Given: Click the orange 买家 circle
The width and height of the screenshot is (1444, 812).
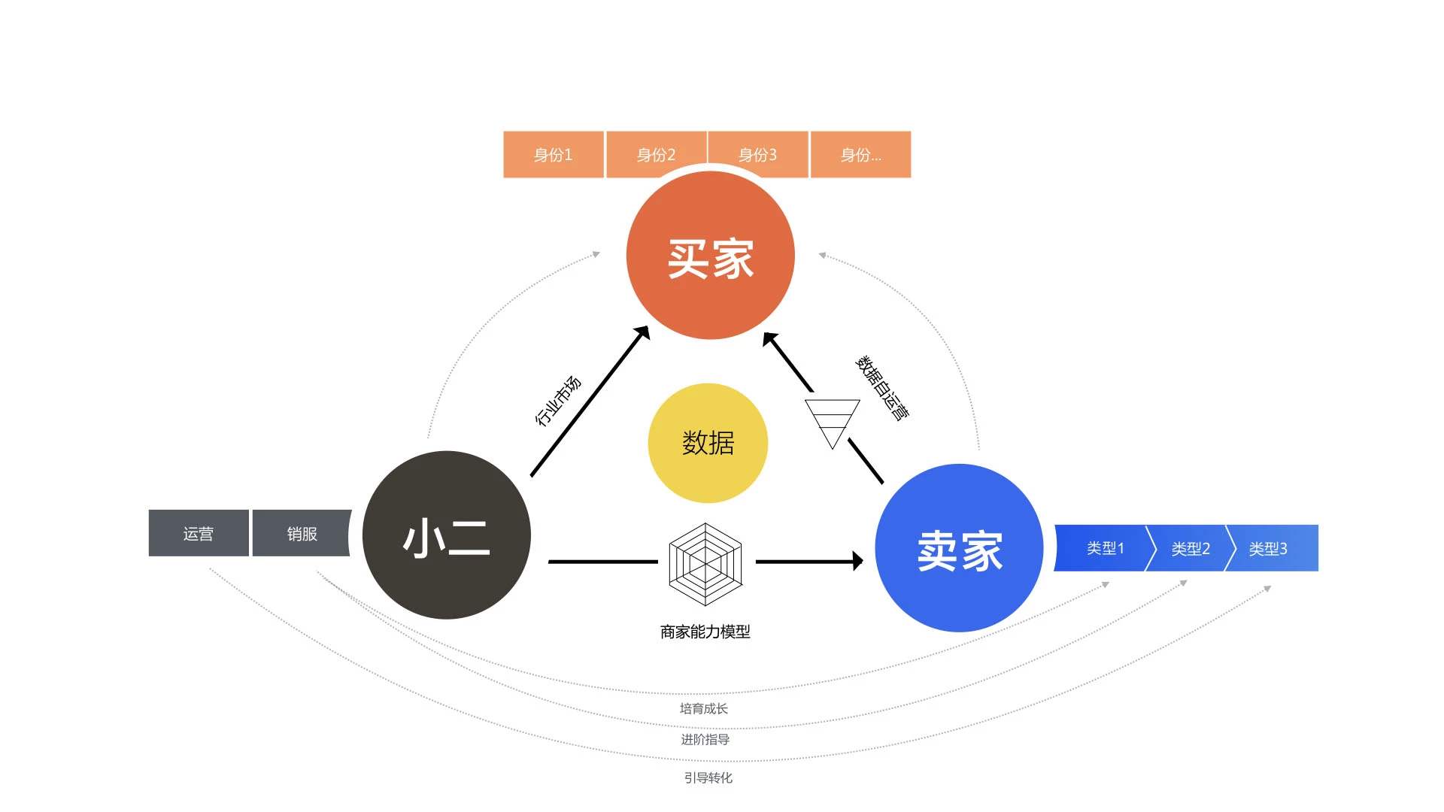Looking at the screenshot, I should coord(710,256).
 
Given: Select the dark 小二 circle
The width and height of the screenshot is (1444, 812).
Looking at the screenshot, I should coord(447,535).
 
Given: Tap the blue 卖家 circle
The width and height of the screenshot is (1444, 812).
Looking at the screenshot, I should coord(959,548).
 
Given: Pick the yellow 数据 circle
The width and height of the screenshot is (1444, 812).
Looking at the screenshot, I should coord(708,443).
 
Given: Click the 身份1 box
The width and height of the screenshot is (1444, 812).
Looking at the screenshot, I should coord(554,155).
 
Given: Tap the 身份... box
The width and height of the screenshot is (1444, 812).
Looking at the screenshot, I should coord(860,155).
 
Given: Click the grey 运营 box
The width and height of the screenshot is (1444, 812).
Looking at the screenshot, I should coord(199,533).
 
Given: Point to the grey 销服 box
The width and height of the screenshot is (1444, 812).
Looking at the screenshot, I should coord(302,533).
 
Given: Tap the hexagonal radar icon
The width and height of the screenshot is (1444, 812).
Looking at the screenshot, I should coord(705,564).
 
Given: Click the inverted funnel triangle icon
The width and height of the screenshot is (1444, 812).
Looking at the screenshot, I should coord(832,421).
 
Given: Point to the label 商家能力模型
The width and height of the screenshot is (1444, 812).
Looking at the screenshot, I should coord(705,632).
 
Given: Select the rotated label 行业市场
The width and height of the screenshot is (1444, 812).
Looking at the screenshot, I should coord(558,401).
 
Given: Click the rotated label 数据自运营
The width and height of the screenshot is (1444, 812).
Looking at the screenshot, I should coord(882,387).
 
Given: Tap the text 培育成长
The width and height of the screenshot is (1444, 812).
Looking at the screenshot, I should coord(703,708).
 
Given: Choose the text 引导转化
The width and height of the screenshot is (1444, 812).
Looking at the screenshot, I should coord(708,777).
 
